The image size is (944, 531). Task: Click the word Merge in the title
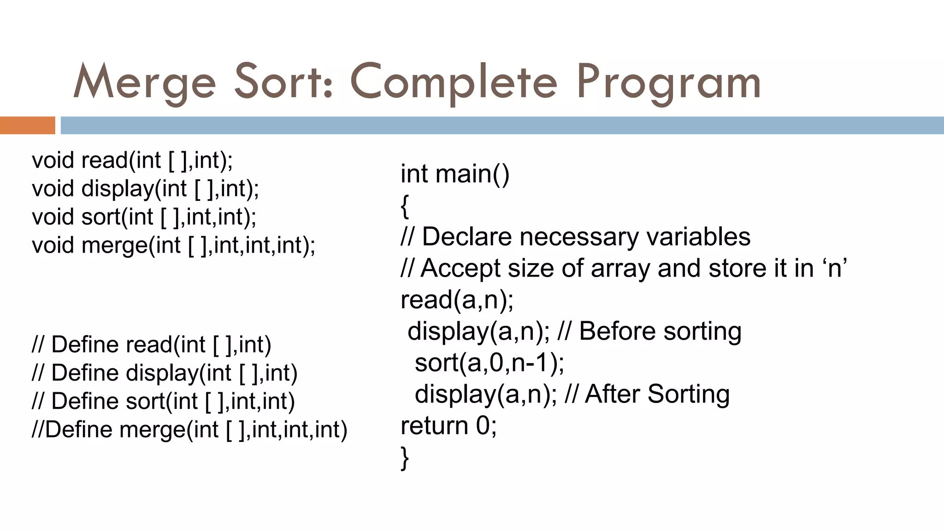click(144, 83)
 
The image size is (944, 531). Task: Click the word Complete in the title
click(454, 83)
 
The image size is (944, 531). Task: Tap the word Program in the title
click(668, 83)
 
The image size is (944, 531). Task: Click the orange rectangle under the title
click(27, 125)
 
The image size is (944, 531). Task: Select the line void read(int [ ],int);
click(132, 160)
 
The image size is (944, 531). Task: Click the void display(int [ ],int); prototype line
click(145, 189)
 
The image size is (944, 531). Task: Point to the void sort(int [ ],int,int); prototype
click(144, 217)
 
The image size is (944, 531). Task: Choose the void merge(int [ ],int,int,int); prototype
click(173, 245)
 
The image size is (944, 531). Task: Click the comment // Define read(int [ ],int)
click(152, 345)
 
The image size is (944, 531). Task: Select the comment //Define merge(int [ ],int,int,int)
click(189, 430)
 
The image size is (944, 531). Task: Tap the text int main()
click(455, 174)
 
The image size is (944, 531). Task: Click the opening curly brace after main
click(405, 206)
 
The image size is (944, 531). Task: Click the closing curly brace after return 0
click(405, 458)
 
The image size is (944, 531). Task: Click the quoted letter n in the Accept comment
click(835, 268)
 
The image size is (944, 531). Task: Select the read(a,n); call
click(457, 300)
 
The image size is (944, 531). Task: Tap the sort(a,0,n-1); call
click(489, 363)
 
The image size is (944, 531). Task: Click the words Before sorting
click(660, 331)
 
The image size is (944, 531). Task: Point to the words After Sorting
click(657, 395)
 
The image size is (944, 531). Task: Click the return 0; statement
click(448, 425)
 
